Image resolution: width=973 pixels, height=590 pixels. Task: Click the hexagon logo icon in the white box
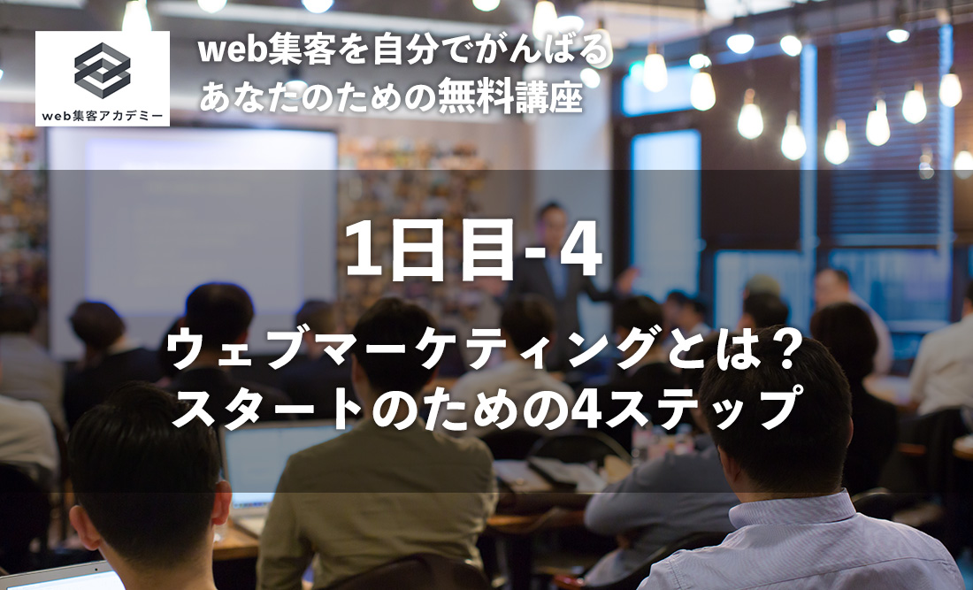102,70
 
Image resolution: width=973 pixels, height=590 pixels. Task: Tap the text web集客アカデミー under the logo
102,116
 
